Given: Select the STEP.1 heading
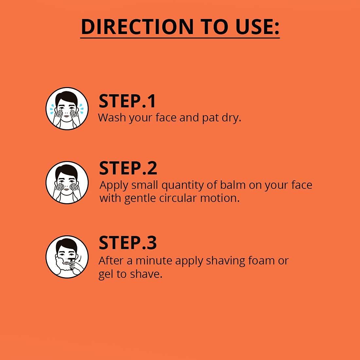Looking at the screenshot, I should [127, 101].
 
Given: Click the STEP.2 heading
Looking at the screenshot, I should [128, 168].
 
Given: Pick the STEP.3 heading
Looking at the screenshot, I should [128, 243].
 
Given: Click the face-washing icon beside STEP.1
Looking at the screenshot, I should [67, 108].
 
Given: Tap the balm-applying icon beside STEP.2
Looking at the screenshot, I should [67, 182].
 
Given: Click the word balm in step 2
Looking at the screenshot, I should [229, 185].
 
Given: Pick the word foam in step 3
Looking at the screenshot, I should [261, 261].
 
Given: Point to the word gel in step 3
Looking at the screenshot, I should [106, 275].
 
